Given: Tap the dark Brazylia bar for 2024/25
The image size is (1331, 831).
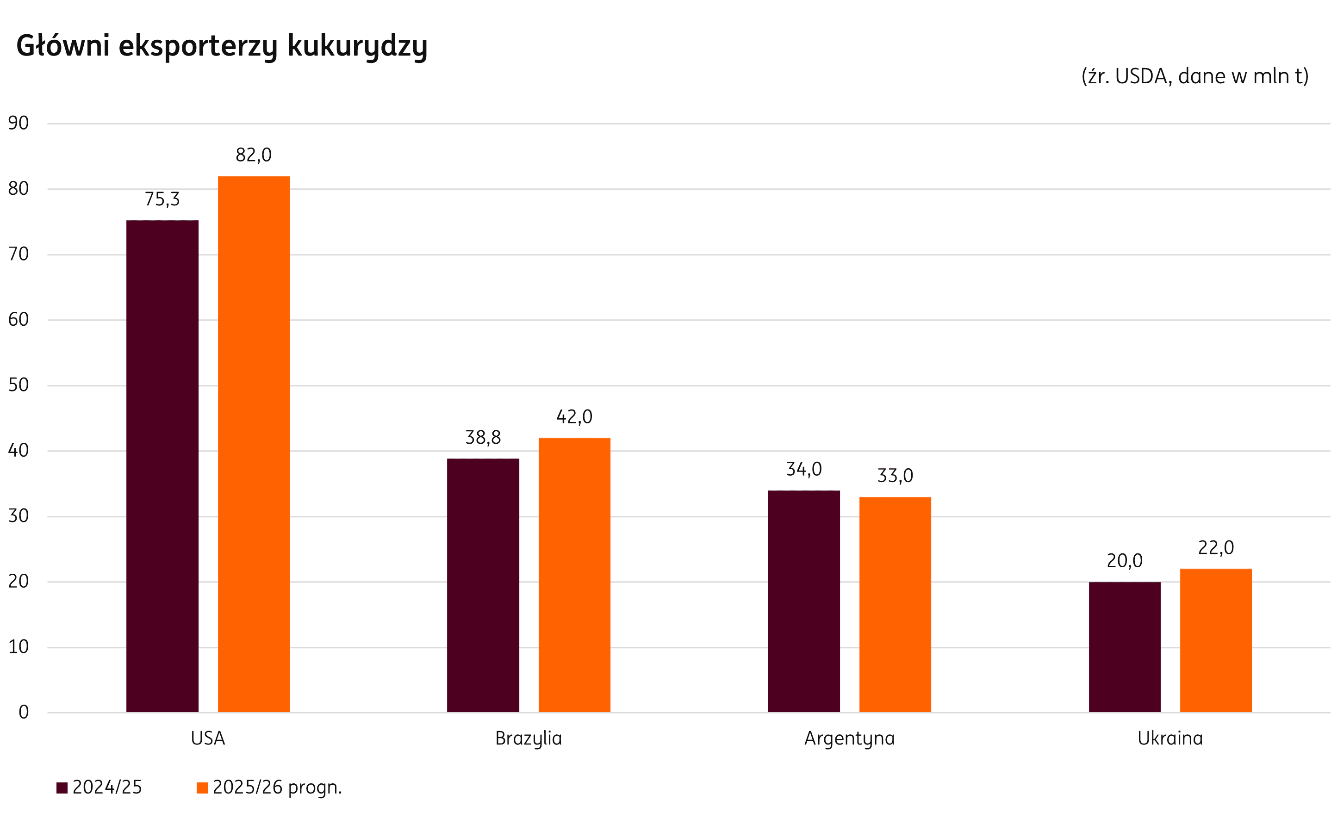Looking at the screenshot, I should click(483, 585).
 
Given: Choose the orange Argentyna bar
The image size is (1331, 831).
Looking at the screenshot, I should click(895, 605).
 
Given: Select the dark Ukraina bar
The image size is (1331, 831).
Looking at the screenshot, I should click(1125, 647).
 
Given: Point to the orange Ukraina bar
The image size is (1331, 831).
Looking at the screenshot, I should click(1216, 640).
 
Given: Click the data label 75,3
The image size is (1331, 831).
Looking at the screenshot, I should click(162, 199).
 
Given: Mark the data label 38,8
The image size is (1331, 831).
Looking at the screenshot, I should click(483, 438).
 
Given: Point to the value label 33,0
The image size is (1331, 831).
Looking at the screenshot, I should click(895, 475).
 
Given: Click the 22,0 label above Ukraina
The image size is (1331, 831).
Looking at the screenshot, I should click(1216, 547).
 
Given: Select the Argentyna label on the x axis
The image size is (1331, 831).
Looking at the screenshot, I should click(849, 738).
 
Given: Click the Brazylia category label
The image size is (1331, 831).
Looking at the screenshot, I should click(528, 738).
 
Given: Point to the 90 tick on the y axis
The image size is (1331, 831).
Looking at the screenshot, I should click(18, 123).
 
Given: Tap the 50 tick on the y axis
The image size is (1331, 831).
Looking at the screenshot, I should click(18, 384).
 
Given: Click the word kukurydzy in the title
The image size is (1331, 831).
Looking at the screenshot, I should click(357, 46).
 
